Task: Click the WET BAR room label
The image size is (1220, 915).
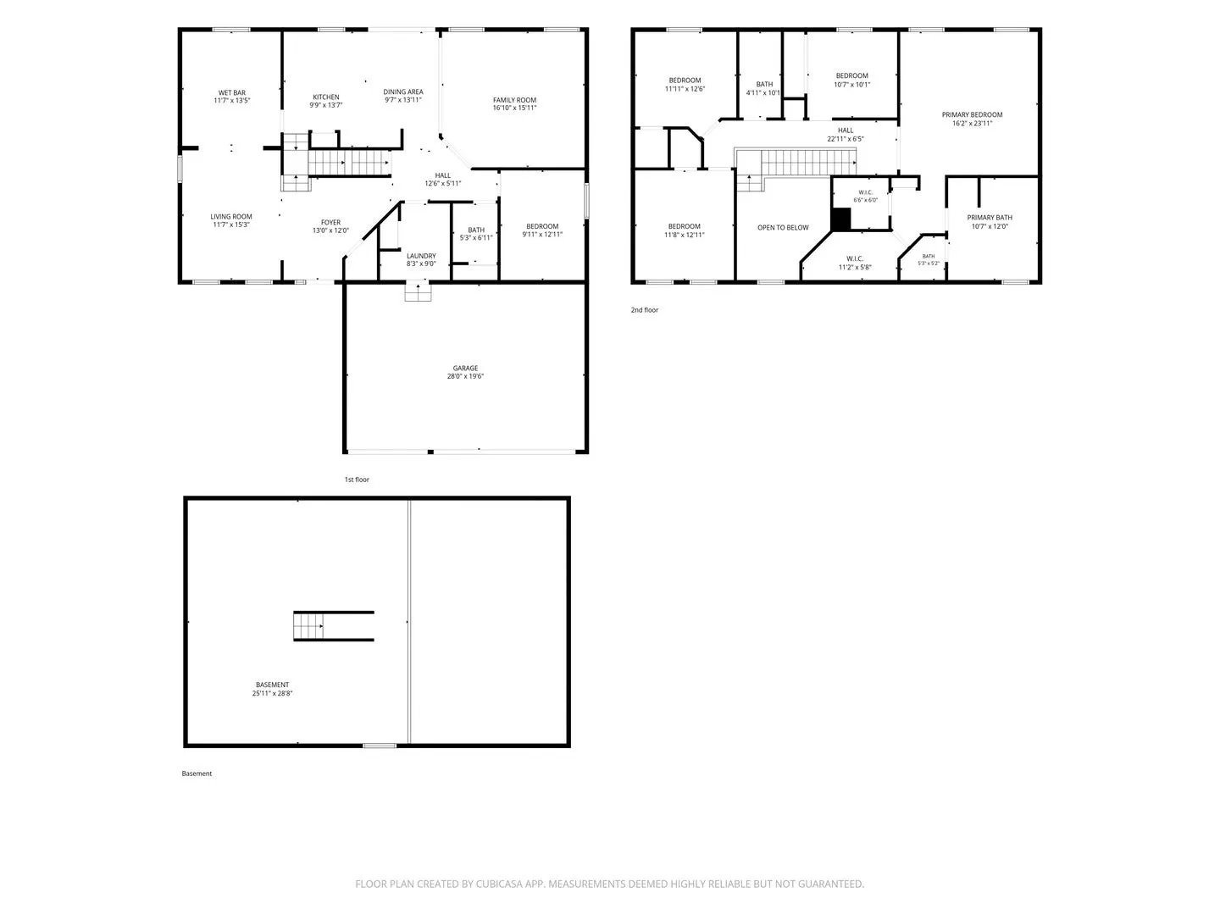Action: (x=232, y=93)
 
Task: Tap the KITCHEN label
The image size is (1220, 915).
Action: (x=325, y=97)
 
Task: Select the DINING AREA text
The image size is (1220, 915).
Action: (x=403, y=91)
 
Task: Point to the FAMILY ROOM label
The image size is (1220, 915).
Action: (x=514, y=100)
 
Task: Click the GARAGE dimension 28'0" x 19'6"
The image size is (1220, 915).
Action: (x=465, y=376)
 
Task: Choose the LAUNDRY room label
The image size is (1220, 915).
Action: (x=421, y=256)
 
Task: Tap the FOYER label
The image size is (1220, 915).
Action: (x=330, y=222)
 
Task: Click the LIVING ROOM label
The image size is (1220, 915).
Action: (x=231, y=217)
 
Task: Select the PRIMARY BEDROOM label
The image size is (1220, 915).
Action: (x=972, y=114)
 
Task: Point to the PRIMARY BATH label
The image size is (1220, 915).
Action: (x=990, y=217)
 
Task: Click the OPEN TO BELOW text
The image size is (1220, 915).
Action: (x=783, y=227)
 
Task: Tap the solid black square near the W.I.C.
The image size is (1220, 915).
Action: (x=840, y=219)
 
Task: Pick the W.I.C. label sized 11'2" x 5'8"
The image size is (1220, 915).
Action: (x=855, y=263)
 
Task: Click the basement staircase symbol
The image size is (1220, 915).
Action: (x=308, y=626)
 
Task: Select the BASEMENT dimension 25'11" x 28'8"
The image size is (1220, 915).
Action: (x=272, y=693)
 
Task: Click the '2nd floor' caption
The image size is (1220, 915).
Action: (x=644, y=310)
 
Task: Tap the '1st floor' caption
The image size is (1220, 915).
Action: (x=357, y=480)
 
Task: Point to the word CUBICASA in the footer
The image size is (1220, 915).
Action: (x=499, y=884)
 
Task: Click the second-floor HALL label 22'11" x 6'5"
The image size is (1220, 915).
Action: (x=846, y=135)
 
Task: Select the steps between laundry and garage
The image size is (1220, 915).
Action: (x=418, y=291)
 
